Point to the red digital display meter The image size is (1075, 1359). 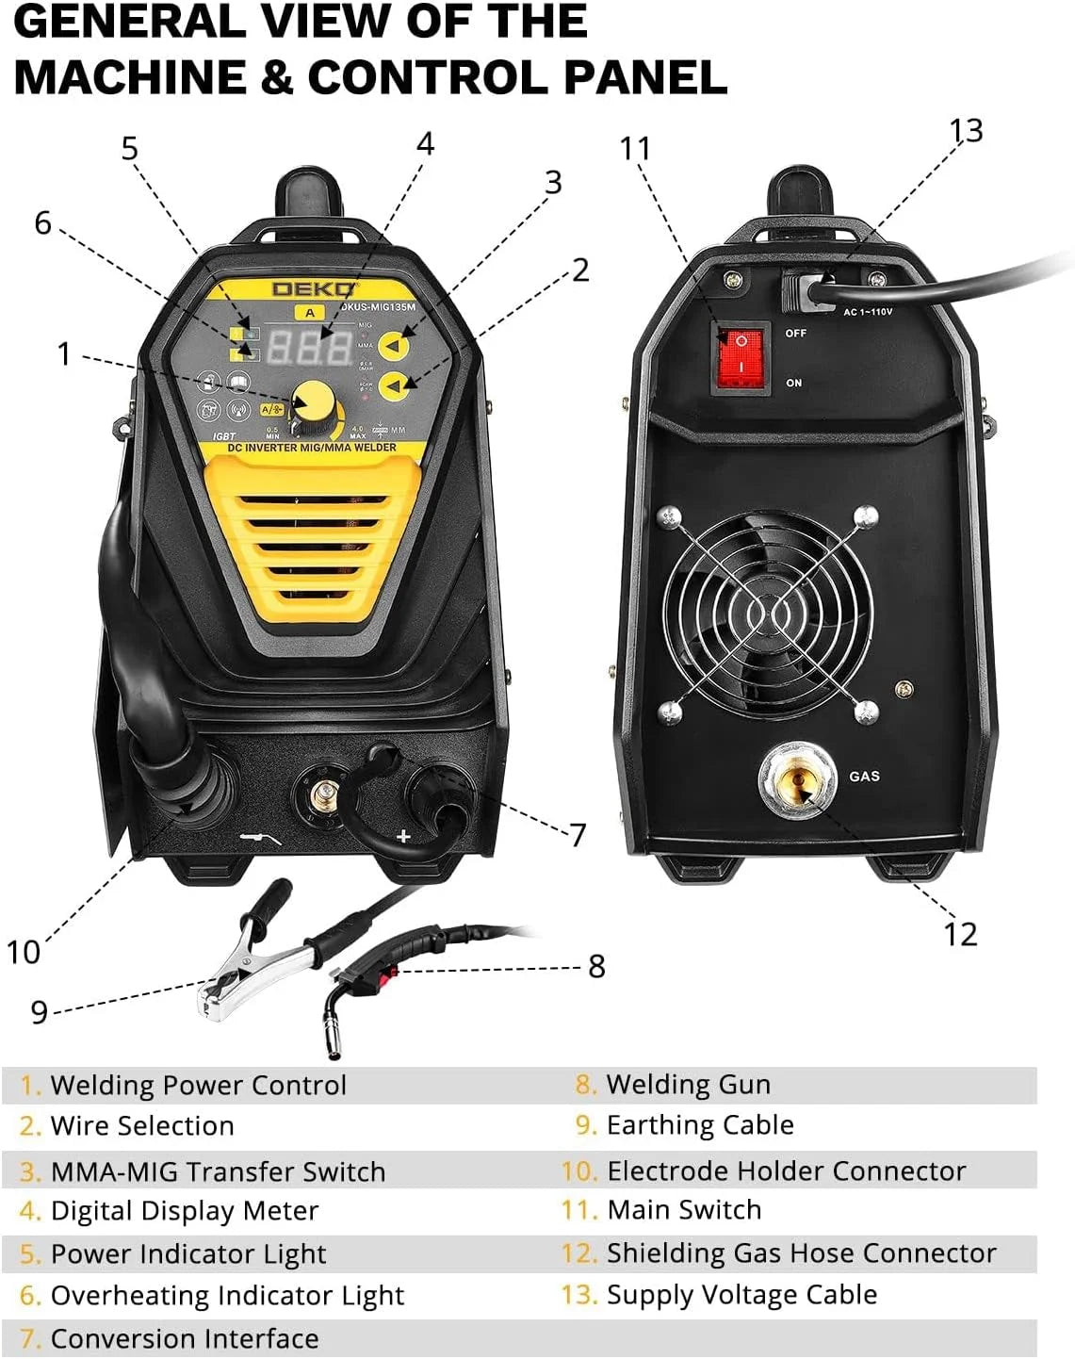pyautogui.click(x=309, y=347)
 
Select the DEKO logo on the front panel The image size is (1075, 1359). pyautogui.click(x=314, y=289)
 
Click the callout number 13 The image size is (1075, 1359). pyautogui.click(x=966, y=131)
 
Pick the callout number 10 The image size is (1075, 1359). pyautogui.click(x=24, y=952)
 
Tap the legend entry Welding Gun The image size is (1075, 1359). pyautogui.click(x=687, y=1085)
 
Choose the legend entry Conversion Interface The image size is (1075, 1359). pyautogui.click(x=184, y=1338)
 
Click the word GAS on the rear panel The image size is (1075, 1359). pyautogui.click(x=864, y=777)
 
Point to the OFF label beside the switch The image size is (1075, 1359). pyautogui.click(x=796, y=334)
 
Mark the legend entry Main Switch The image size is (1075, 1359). pyautogui.click(x=683, y=1210)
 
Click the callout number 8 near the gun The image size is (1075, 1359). pyautogui.click(x=596, y=966)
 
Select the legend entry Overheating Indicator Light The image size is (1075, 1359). pyautogui.click(x=226, y=1296)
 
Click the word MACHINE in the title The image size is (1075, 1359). pyautogui.click(x=123, y=77)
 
